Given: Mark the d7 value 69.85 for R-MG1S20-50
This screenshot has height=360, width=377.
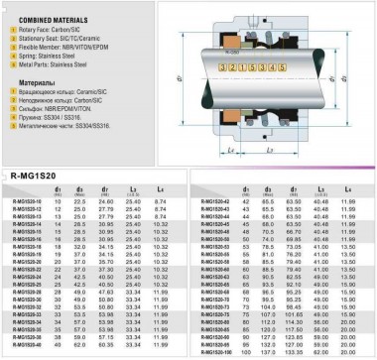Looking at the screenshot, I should coord(295,210).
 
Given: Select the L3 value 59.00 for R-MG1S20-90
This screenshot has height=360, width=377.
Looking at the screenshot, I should coord(321,335).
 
